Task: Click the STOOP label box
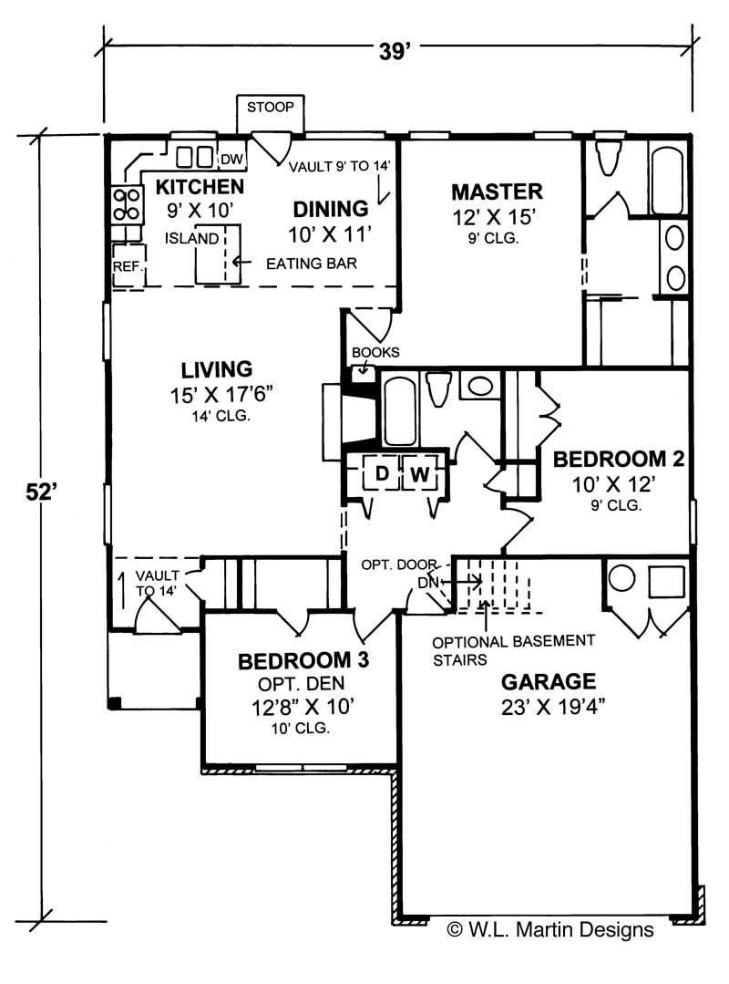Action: point(271,109)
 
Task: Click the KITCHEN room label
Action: point(199,188)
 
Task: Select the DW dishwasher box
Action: point(232,160)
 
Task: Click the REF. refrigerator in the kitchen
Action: point(126,265)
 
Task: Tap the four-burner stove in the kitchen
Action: point(127,203)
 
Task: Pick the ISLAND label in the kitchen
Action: point(191,239)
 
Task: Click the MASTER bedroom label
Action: point(497,192)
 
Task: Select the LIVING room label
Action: point(216,369)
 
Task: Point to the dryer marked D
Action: point(382,474)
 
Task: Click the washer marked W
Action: point(419,474)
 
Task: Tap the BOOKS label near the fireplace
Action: point(375,352)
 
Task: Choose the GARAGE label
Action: point(548,681)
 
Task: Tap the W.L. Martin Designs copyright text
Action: point(550,930)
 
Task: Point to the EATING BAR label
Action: point(311,263)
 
